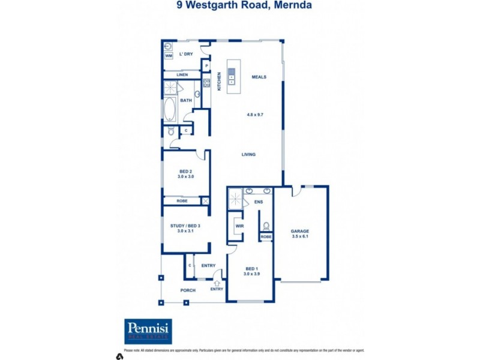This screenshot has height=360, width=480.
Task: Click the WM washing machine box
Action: pos(169,56)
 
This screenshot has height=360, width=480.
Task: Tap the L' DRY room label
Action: pos(186,54)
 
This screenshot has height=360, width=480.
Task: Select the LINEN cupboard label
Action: pos(182,74)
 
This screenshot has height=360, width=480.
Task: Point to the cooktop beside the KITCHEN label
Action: pos(206,83)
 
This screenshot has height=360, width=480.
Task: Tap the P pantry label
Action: pos(206,66)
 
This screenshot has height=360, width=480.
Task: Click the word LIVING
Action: pos(248,154)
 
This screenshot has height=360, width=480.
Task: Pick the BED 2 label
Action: pos(186,172)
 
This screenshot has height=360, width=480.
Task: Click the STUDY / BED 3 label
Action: pos(185,226)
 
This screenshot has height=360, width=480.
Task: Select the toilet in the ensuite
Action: pos(265,226)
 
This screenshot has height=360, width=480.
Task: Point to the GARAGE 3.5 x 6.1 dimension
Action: pos(299,236)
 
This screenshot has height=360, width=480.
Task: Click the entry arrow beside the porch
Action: pos(217,277)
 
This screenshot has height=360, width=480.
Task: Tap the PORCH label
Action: pos(188,291)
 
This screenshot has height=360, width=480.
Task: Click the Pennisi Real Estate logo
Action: pos(148,331)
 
